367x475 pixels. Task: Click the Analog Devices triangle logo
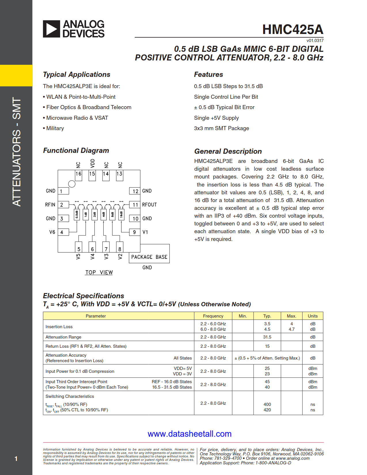coord(52,29)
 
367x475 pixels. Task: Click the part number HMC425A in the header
coord(293,29)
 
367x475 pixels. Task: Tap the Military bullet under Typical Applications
coord(55,128)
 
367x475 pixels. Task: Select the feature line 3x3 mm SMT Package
coord(221,128)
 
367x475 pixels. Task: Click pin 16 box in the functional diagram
coord(78,174)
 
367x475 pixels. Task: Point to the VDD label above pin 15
coord(92,163)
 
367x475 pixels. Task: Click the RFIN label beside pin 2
coord(50,205)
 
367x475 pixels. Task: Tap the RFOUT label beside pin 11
coord(149,205)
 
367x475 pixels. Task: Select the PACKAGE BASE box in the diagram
coord(149,257)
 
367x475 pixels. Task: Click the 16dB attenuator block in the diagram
coord(121,214)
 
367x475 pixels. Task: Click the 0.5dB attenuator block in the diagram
coord(77,214)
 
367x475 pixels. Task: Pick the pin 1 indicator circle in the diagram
coord(72,184)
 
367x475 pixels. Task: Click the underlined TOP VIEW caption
coord(99,272)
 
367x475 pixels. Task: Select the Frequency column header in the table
coord(213,316)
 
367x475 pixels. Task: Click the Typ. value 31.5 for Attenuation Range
coord(267,337)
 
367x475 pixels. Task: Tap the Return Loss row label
coord(86,346)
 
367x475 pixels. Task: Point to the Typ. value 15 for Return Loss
coord(267,346)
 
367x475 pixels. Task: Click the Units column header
coord(313,316)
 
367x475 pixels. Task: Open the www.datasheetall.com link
coord(189,434)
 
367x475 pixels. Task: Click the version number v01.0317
coord(315,41)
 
